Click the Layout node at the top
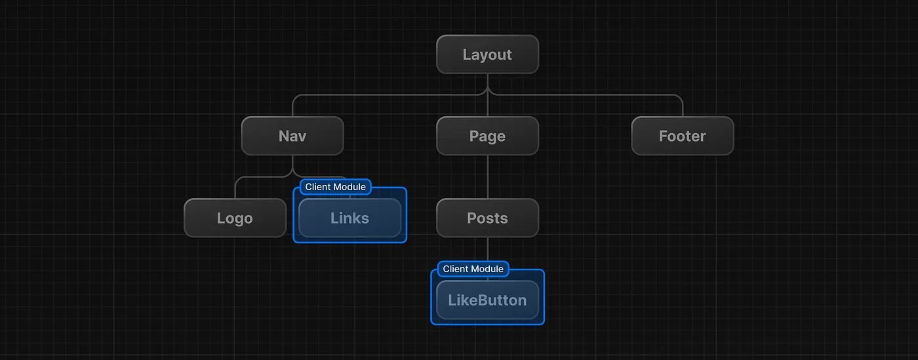[487, 54]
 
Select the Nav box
[292, 136]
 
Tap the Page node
[487, 136]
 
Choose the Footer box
[682, 136]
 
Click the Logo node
[235, 218]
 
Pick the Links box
[349, 218]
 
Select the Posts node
[487, 218]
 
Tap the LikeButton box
[487, 300]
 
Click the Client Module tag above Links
[335, 187]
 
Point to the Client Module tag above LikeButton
[473, 269]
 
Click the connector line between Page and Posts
[487, 177]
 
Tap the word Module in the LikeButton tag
[487, 269]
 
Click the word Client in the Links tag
[318, 187]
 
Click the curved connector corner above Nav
[296, 97]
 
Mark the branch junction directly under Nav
[292, 172]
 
